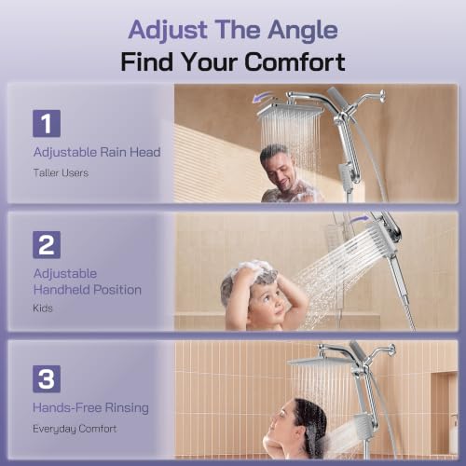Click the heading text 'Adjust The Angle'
233,31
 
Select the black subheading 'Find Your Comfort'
233,62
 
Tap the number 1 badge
47,123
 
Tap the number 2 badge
47,245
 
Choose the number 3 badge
47,378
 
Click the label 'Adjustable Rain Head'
97,153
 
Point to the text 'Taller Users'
61,172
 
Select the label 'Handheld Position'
88,290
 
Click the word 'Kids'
43,308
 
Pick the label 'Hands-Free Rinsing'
90,408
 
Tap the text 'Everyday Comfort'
75,429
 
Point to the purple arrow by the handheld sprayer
360,220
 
